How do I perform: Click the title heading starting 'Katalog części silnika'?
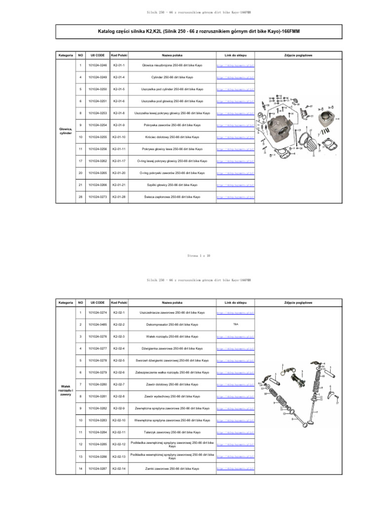point(199,31)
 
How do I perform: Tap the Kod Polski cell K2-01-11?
point(119,149)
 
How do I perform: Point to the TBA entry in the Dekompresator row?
point(235,325)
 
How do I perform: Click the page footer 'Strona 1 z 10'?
point(199,256)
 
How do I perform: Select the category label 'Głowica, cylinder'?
point(65,131)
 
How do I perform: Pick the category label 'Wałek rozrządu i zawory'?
point(65,391)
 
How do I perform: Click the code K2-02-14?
point(119,468)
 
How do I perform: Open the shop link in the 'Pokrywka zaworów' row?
point(235,125)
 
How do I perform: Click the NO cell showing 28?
point(80,197)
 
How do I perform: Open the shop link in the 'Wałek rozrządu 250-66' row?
point(235,336)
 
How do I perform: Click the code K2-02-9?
point(119,408)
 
